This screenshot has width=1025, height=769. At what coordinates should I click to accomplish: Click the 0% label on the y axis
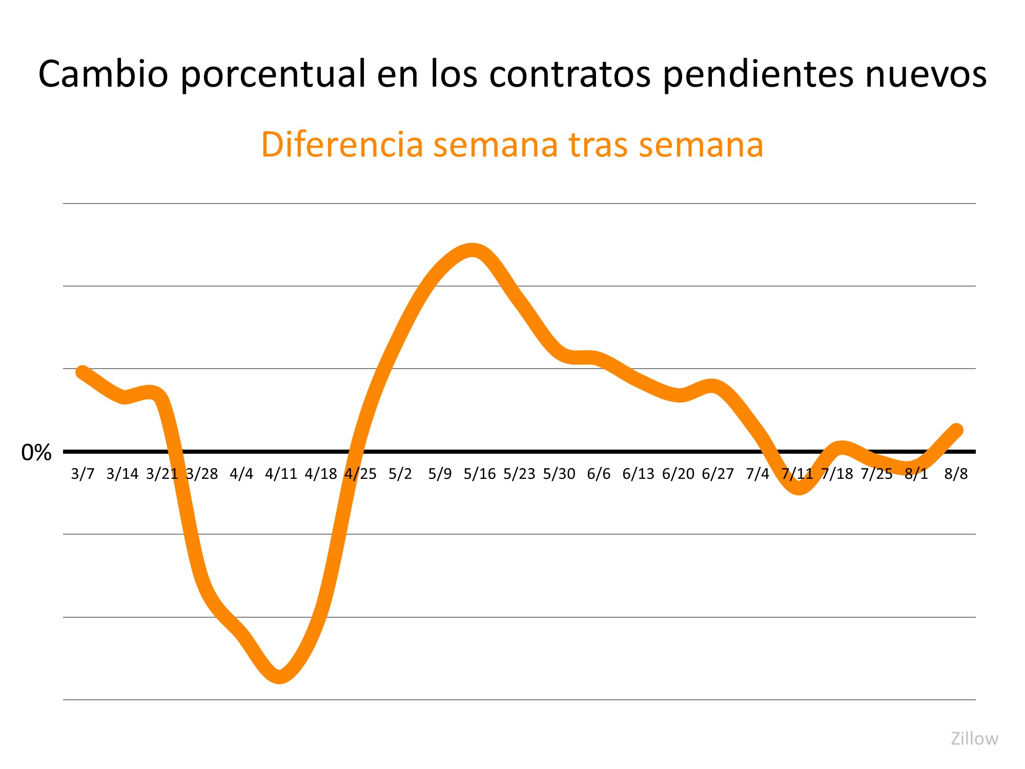(36, 453)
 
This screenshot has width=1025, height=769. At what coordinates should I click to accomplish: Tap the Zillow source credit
(974, 739)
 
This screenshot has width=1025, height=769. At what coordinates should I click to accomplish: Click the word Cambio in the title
(103, 74)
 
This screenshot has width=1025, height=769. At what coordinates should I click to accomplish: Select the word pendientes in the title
(758, 74)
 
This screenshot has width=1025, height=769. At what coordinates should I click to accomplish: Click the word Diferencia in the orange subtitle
(342, 145)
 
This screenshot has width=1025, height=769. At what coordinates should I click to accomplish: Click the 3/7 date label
(83, 474)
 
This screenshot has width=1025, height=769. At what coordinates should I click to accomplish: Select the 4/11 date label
(281, 474)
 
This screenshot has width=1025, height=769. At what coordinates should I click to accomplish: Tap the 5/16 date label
(480, 474)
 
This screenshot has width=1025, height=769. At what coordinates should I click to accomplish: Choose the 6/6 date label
(599, 474)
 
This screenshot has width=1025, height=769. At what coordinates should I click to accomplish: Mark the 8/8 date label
(956, 474)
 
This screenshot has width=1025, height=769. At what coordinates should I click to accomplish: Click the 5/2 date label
(400, 474)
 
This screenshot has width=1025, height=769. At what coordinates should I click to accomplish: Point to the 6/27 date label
(717, 474)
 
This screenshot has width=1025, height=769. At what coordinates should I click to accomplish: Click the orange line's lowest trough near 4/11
(280, 677)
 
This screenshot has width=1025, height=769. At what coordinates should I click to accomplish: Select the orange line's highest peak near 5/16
(473, 250)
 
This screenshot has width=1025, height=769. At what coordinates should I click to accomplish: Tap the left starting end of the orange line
(83, 372)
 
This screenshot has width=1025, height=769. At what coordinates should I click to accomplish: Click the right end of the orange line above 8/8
(956, 430)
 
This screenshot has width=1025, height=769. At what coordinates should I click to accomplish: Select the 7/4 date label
(757, 474)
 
